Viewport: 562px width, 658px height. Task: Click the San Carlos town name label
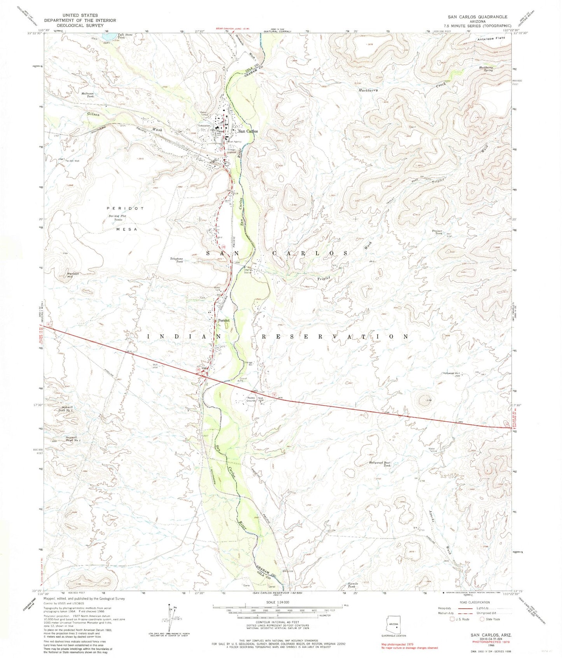pos(248,131)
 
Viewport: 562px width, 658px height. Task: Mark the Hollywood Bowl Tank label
pos(380,464)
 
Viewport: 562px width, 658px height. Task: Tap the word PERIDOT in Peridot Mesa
pos(120,209)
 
